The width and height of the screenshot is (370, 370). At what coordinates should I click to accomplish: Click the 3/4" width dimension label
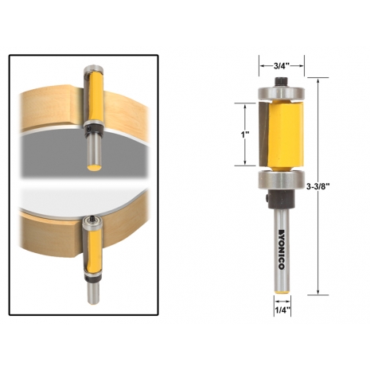[x=282, y=65]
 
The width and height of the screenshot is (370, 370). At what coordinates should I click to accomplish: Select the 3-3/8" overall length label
[x=317, y=186]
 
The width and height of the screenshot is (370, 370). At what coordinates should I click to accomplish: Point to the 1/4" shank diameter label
[x=282, y=310]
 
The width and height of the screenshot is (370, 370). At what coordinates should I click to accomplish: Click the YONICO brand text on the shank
[x=282, y=249]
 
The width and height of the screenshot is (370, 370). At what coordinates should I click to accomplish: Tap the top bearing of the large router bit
[x=282, y=93]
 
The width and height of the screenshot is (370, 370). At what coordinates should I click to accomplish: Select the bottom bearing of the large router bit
[x=282, y=181]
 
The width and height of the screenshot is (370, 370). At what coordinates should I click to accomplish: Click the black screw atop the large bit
[x=282, y=81]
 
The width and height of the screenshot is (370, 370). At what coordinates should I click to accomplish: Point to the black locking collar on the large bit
[x=280, y=199]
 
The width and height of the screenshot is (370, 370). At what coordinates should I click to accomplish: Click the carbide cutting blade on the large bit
[x=264, y=134]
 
